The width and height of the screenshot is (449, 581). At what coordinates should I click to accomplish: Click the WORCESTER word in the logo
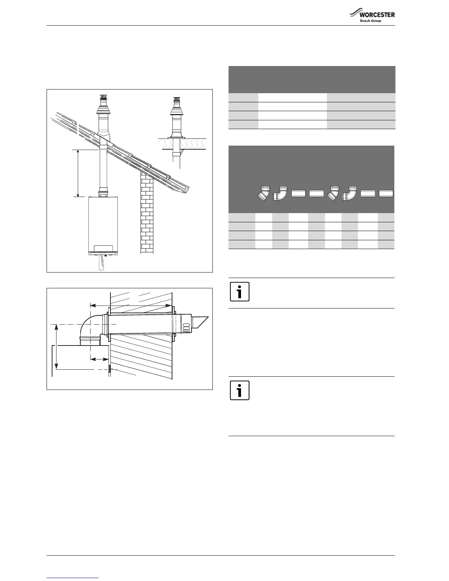377,15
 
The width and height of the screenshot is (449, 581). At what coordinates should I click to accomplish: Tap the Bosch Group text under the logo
370,21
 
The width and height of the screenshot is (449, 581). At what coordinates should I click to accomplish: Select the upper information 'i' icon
240,292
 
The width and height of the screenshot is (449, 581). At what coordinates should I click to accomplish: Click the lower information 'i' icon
240,390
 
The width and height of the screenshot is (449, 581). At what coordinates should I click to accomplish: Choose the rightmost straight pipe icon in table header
386,193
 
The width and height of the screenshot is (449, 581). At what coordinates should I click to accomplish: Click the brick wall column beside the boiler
147,213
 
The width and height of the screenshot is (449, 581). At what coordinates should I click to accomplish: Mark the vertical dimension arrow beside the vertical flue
78,173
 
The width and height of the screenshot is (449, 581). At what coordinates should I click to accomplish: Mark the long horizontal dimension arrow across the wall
131,305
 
